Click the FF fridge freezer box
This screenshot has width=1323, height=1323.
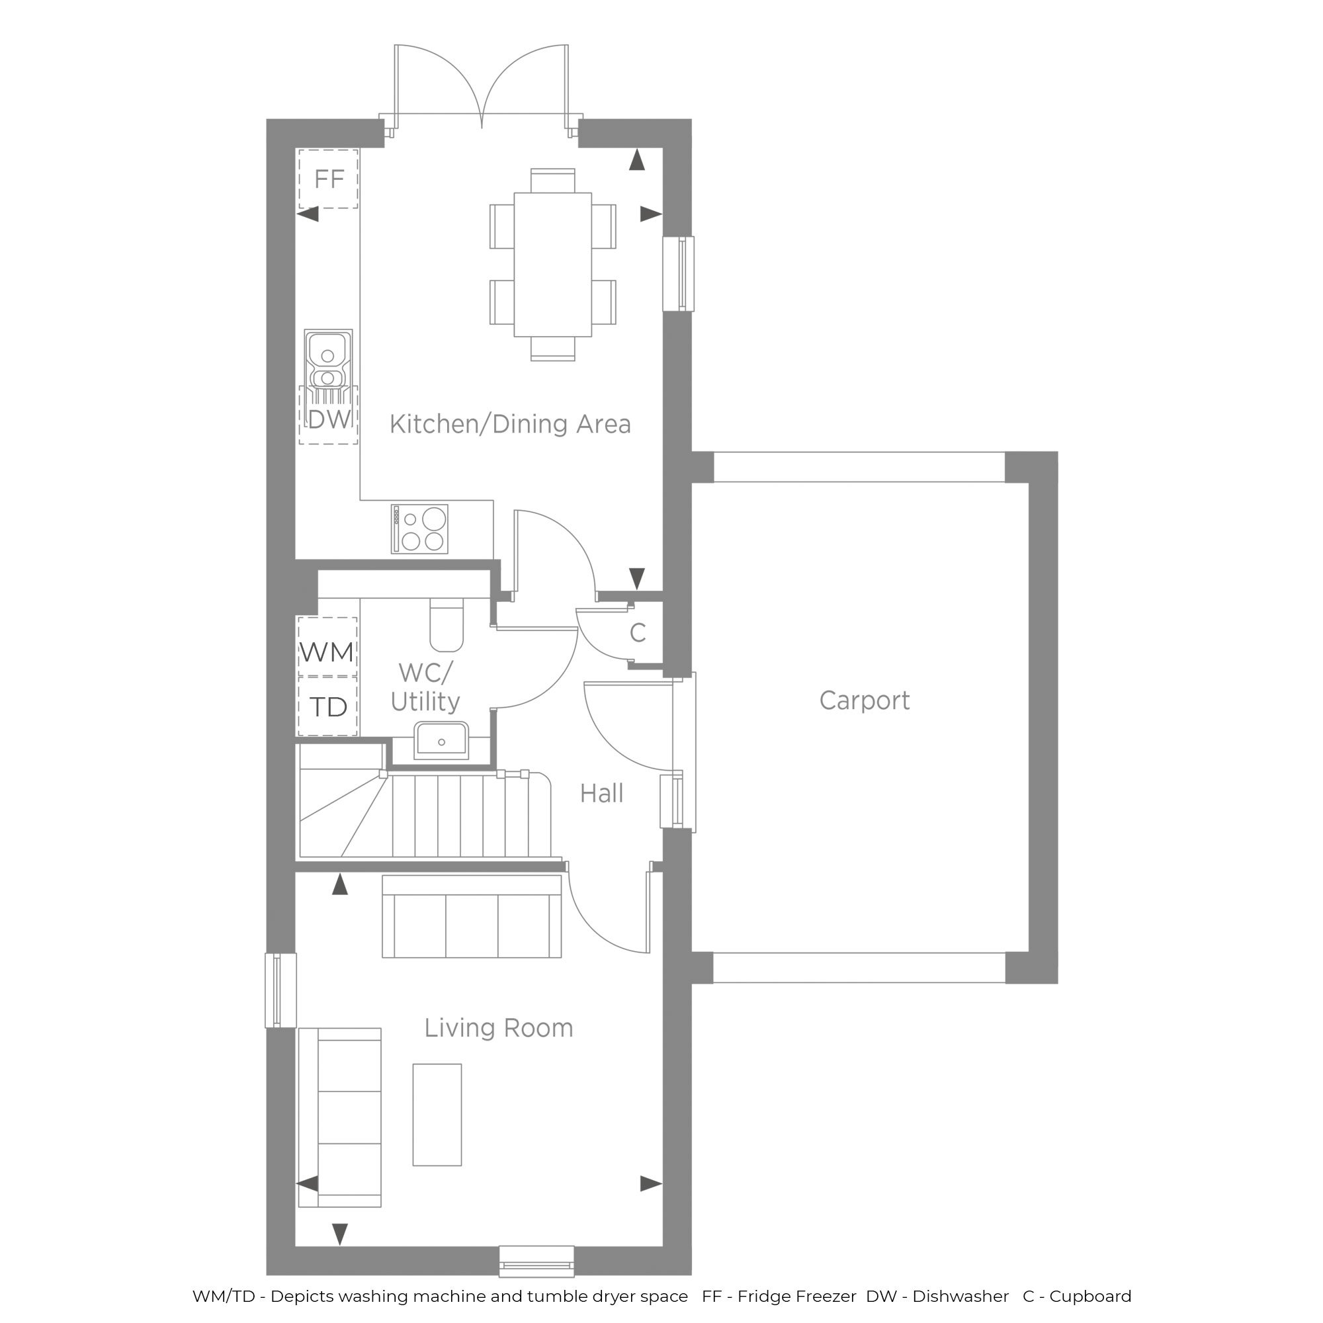click(329, 179)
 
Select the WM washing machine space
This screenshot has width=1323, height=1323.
click(327, 647)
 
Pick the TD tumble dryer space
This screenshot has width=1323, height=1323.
click(327, 706)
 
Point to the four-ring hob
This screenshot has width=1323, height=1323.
click(420, 529)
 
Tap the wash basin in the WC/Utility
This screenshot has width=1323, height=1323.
click(442, 740)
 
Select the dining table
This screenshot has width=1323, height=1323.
click(552, 265)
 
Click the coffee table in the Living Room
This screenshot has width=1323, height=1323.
click(437, 1115)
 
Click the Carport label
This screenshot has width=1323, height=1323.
click(864, 701)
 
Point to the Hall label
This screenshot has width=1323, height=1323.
click(601, 794)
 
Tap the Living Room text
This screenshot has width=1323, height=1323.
click(499, 1028)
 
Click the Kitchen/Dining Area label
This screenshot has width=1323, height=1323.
click(510, 425)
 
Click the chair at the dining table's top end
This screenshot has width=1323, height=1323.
click(552, 181)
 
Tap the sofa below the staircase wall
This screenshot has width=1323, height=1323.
click(472, 917)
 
